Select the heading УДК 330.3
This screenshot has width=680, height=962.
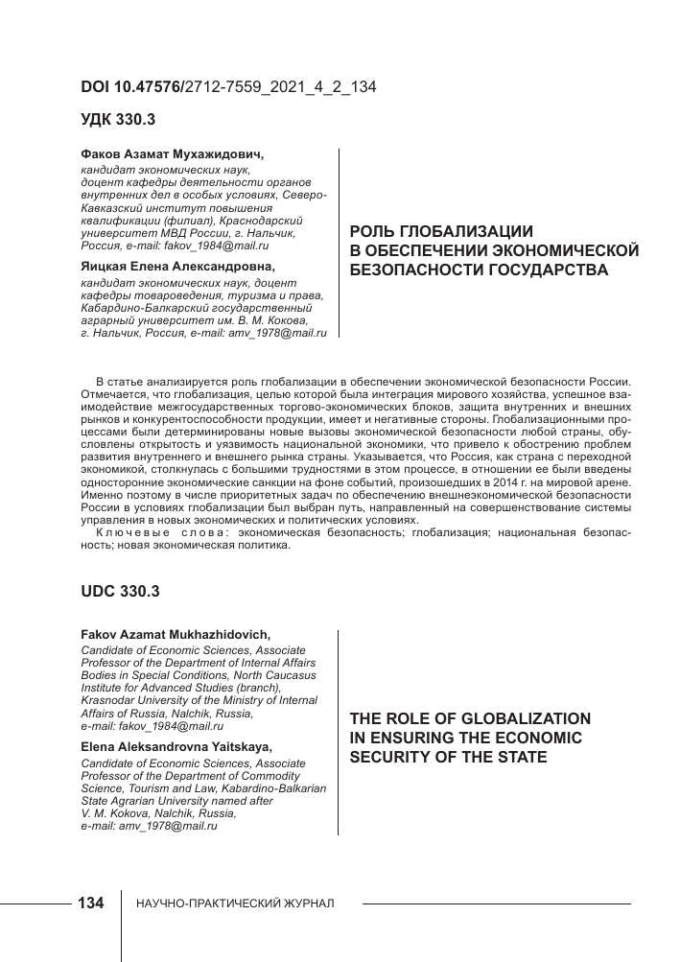pyautogui.click(x=119, y=121)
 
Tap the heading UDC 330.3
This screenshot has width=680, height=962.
pyautogui.click(x=120, y=592)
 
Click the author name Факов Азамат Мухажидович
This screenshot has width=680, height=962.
pyautogui.click(x=171, y=154)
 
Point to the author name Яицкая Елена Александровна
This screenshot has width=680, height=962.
pyautogui.click(x=177, y=267)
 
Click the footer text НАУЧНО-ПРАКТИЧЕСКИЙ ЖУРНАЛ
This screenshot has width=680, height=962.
pyautogui.click(x=236, y=904)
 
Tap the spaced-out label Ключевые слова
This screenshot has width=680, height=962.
pyautogui.click(x=160, y=531)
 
